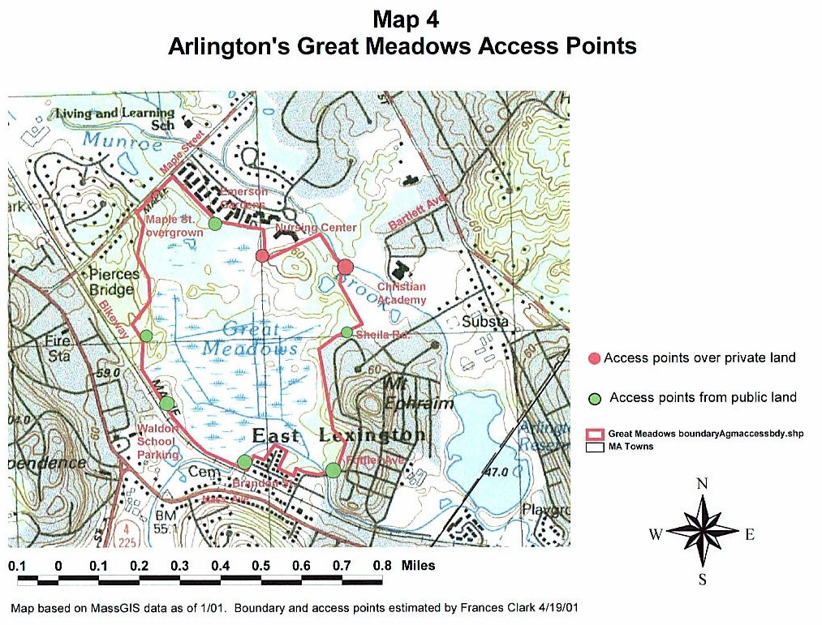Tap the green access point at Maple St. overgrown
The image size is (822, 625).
click(x=215, y=224)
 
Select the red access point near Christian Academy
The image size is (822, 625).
click(x=346, y=267)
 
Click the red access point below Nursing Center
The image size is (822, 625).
click(x=262, y=256)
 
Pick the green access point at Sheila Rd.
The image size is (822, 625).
click(x=346, y=332)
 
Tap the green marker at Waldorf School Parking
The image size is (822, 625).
click(x=166, y=403)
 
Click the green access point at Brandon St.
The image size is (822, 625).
click(x=244, y=462)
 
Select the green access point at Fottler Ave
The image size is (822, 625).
click(x=333, y=469)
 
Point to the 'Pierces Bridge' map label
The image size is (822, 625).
click(x=112, y=282)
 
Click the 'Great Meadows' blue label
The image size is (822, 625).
click(x=252, y=339)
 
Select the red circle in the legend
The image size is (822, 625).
click(x=594, y=358)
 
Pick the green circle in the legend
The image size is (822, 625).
click(x=594, y=398)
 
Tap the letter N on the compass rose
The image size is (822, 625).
click(x=703, y=484)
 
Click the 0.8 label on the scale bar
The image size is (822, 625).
click(x=381, y=566)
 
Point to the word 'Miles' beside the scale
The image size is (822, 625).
click(x=418, y=566)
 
